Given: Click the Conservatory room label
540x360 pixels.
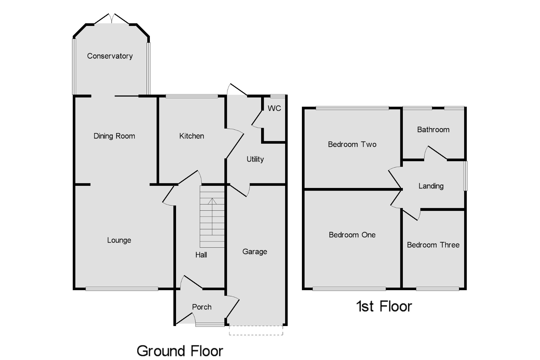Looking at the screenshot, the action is coord(110,56).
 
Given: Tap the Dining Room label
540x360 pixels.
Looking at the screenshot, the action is coord(114,136).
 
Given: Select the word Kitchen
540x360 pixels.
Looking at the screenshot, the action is coord(191,136).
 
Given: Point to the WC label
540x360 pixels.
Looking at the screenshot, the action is coord(274,109).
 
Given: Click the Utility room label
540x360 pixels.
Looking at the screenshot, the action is coord(255,159).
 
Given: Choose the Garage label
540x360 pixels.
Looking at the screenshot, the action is coord(255,252).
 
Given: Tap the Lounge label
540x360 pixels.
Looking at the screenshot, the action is coord(119,240).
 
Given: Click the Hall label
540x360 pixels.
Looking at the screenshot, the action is coord(201,255).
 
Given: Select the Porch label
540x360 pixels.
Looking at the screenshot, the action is coord(201,307).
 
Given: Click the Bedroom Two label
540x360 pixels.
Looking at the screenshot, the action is coord(352,144).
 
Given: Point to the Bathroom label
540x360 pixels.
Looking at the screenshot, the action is coord(433,130).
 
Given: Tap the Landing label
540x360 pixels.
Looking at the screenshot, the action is coord(431,186).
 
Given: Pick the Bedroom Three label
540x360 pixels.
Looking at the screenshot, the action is coord(433,245).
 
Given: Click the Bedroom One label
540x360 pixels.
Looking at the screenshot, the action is coord(352,235).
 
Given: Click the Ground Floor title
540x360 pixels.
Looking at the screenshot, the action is coord(180,351).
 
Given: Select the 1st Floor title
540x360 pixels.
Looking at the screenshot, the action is coord(384,307).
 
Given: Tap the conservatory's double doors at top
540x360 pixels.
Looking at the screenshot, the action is coord(112,19).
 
